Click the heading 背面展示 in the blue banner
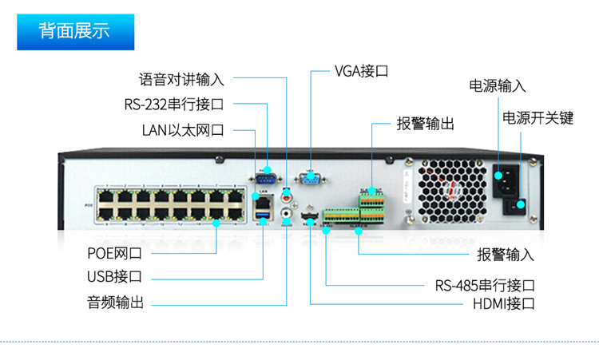[x=75, y=31]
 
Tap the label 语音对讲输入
[x=181, y=79]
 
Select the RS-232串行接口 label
[x=173, y=104]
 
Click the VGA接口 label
[x=361, y=71]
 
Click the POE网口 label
[x=114, y=254]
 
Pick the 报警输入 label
[x=506, y=255]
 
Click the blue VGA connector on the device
[x=310, y=179]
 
